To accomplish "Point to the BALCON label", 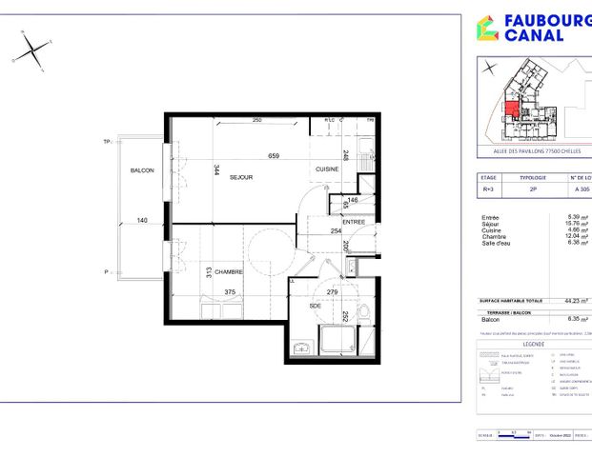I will click(x=143, y=170).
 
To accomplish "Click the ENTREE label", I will click(x=354, y=223).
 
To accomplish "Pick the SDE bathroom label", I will click(x=315, y=306).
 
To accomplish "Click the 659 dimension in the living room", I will click(x=274, y=156).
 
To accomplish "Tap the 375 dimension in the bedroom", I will click(x=228, y=292).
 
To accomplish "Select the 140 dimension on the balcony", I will click(x=142, y=220).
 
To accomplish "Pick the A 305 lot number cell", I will click(x=579, y=189).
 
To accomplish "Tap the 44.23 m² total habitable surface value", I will click(x=577, y=301).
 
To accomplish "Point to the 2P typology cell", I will click(x=532, y=189).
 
